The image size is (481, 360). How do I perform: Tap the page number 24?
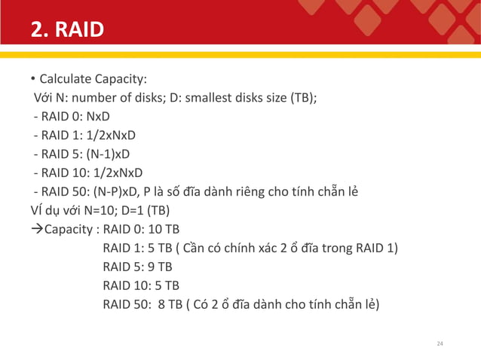point(441,344)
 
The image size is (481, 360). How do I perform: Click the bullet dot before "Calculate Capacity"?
point(33,79)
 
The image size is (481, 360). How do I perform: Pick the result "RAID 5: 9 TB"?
point(137,267)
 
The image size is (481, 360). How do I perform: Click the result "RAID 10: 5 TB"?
point(140,286)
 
